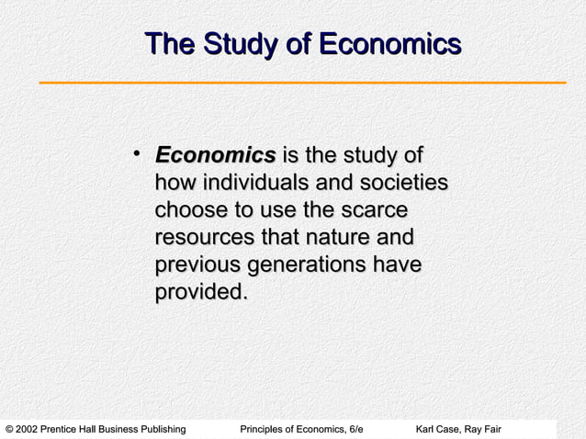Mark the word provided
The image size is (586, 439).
pyautogui.click(x=201, y=293)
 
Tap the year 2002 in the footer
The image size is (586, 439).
pyautogui.click(x=31, y=429)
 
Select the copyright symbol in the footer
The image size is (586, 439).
pyautogui.click(x=9, y=429)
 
